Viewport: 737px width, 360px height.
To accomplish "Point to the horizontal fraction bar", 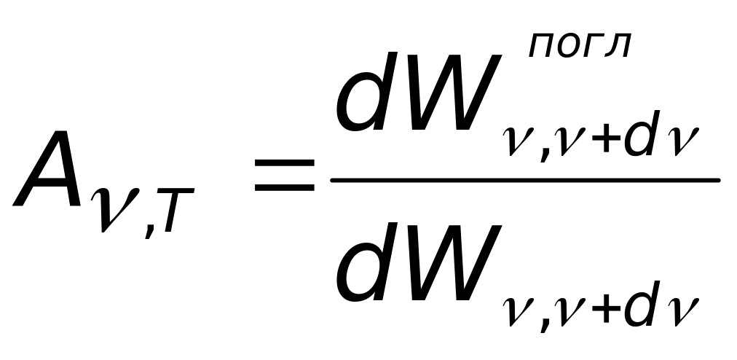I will coord(524,180).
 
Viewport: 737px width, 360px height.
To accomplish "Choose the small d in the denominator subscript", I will coord(642,306).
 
